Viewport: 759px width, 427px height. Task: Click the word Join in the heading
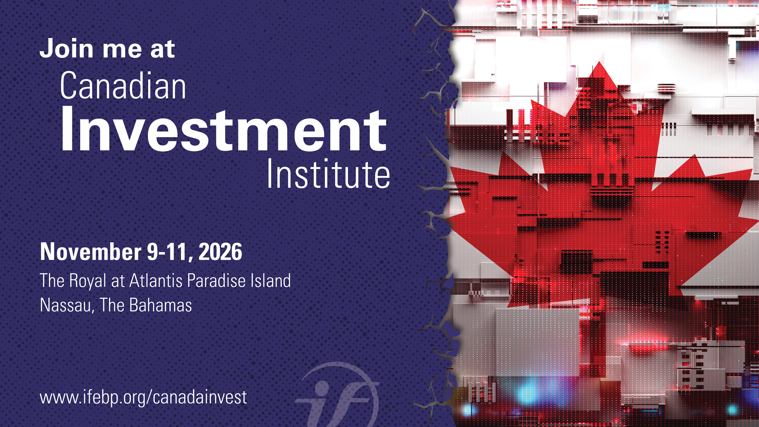[x=67, y=49]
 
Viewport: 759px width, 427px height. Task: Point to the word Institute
[x=329, y=174]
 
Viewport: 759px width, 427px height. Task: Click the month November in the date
[x=91, y=252]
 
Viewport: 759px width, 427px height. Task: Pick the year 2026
[x=220, y=252]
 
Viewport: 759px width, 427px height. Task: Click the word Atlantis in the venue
[x=156, y=280]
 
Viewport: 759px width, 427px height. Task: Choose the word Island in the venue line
[x=270, y=280]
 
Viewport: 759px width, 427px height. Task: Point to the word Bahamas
[x=160, y=305]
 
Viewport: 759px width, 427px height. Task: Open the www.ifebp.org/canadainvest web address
[x=143, y=397]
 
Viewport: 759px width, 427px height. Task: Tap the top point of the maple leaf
[x=600, y=62]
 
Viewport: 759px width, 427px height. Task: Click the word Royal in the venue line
[x=88, y=281]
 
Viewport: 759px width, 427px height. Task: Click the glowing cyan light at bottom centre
[x=528, y=391]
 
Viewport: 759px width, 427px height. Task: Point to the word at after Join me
[x=162, y=49]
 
